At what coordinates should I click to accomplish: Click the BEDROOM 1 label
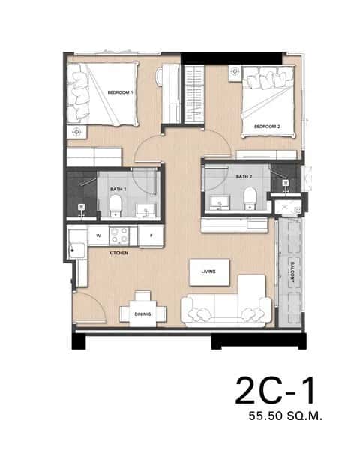pos(120,92)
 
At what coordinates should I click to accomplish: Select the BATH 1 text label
pos(117,190)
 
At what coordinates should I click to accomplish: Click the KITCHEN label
pos(118,253)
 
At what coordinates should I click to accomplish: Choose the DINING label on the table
pos(142,314)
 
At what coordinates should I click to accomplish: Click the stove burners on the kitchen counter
pos(119,235)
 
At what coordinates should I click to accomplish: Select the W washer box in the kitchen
pos(97,235)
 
